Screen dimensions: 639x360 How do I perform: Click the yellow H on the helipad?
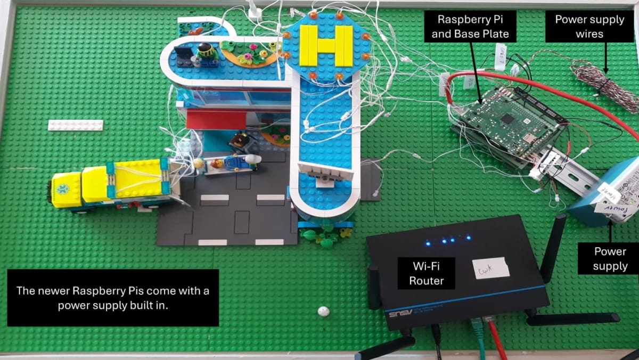326,46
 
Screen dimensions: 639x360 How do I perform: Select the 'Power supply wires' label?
589,27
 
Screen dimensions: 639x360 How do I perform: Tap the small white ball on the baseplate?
323,311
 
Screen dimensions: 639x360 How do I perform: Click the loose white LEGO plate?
75,125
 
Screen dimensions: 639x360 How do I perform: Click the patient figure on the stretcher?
229,162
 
